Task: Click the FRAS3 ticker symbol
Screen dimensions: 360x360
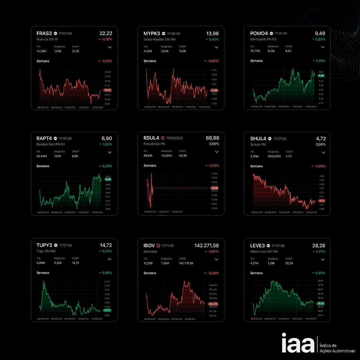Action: [x=44, y=33]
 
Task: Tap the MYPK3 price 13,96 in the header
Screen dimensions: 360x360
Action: [x=213, y=33]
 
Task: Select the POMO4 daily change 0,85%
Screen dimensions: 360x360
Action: [x=320, y=39]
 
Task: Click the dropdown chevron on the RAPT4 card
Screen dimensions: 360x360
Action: [x=110, y=152]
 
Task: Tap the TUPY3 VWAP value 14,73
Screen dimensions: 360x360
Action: [x=75, y=263]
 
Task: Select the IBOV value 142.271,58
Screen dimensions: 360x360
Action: [x=207, y=245]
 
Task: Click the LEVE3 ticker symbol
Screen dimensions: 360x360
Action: [x=257, y=245]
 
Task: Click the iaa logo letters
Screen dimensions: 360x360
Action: [x=298, y=343]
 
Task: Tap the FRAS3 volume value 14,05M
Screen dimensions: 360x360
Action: [x=41, y=51]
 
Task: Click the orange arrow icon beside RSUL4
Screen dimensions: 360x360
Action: [x=163, y=138]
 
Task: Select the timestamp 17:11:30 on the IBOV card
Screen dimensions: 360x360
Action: [x=168, y=246]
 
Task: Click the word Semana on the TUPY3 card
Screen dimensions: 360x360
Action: [x=43, y=273]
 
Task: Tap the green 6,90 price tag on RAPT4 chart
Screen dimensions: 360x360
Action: [x=108, y=179]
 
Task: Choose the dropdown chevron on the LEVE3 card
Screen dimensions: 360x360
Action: [x=323, y=259]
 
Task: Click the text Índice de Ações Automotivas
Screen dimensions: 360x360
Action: [x=337, y=348]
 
